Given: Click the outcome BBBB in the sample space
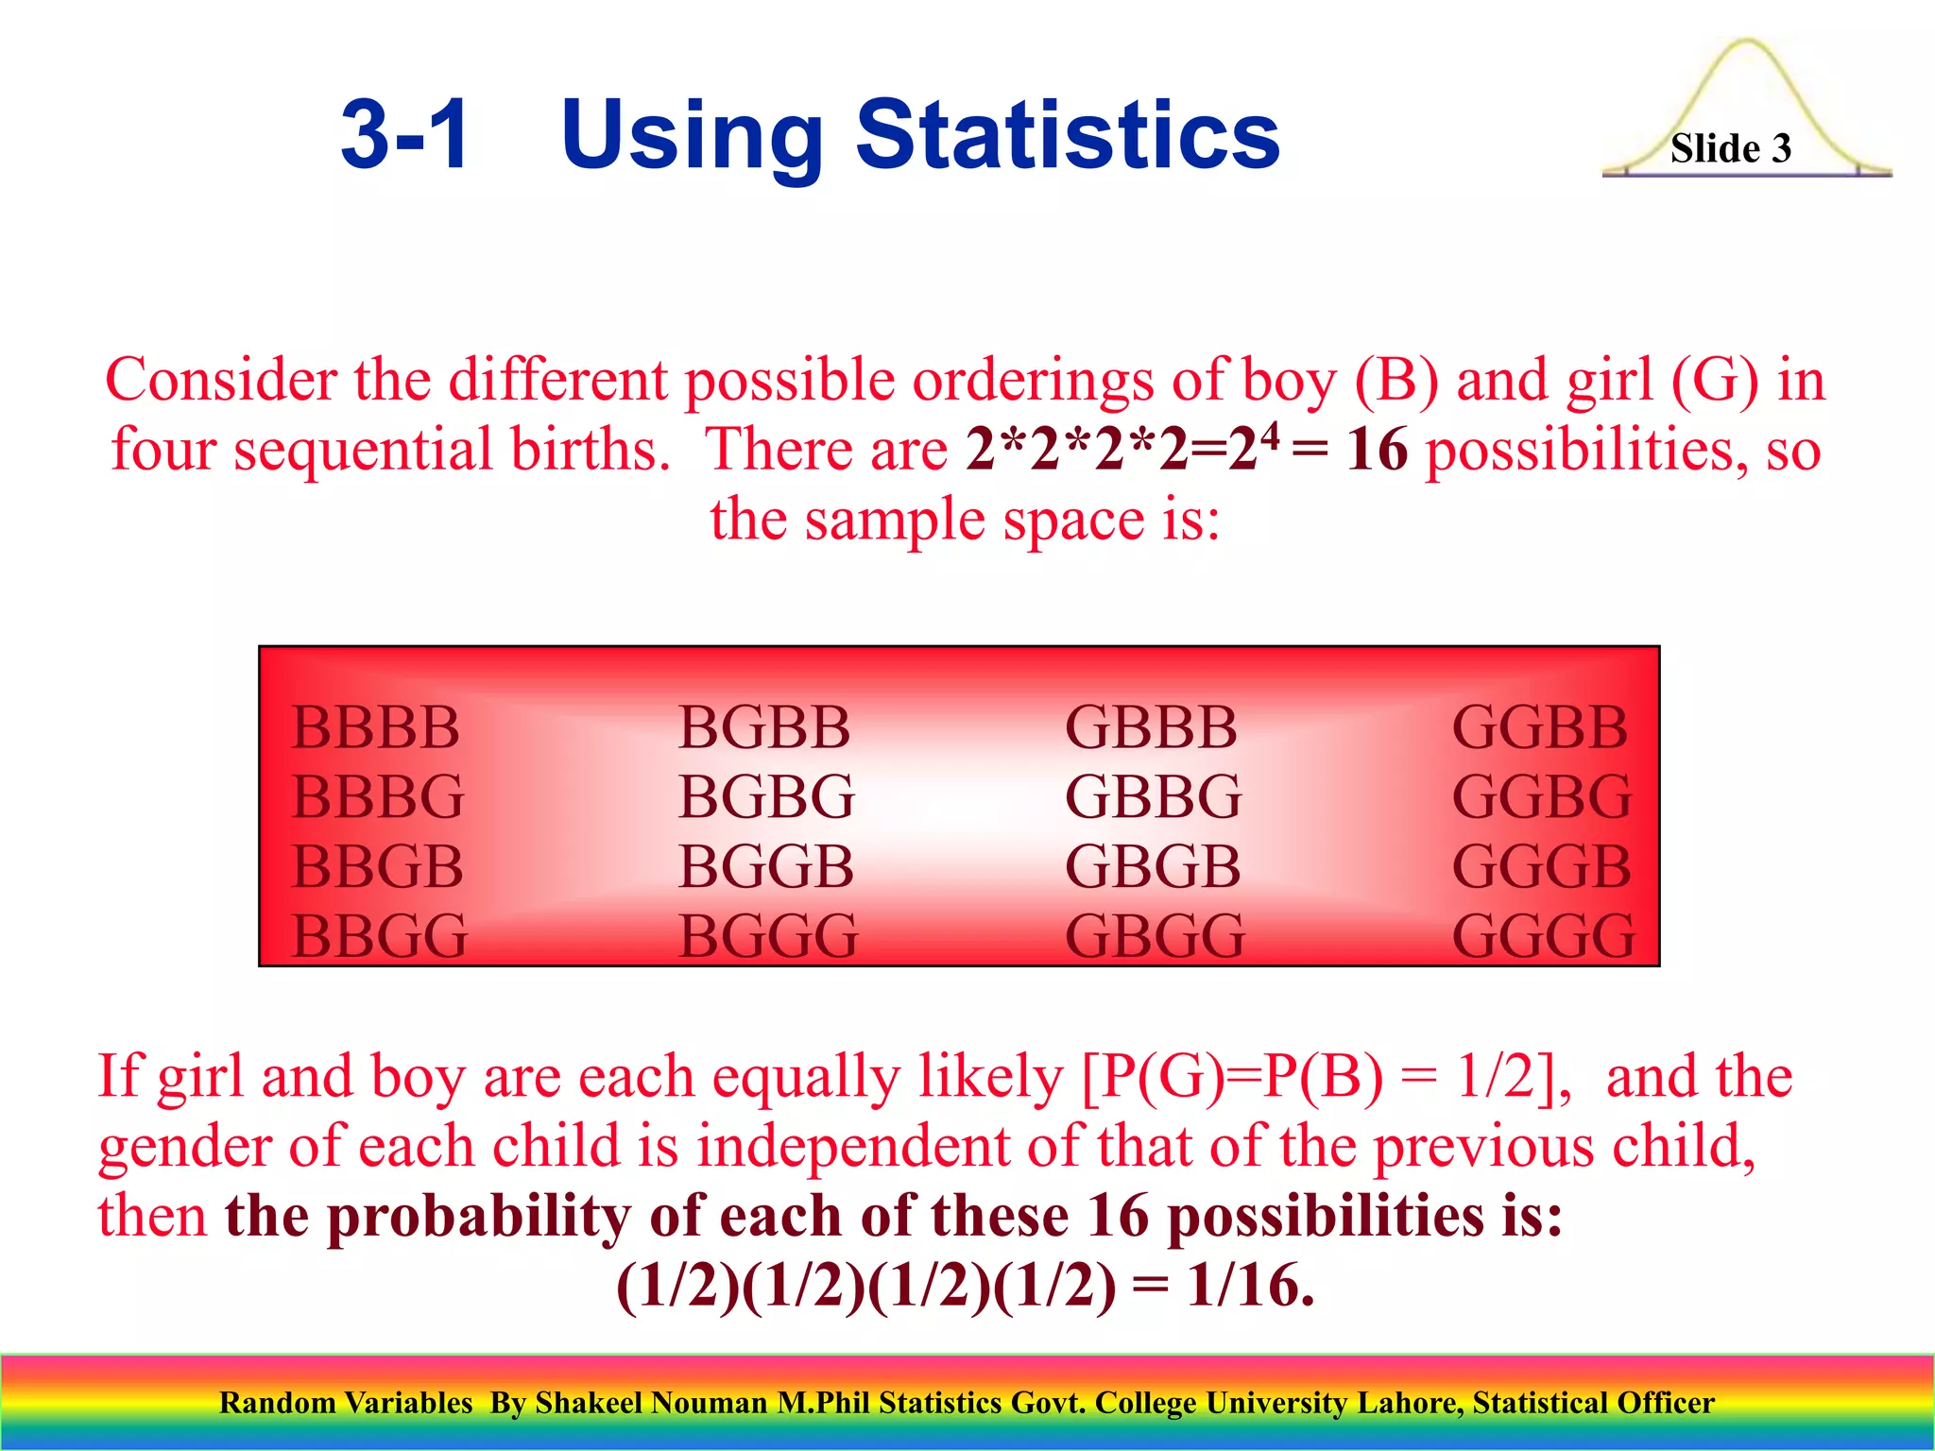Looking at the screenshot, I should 375,727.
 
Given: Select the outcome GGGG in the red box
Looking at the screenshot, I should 1543,936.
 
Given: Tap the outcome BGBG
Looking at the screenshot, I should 766,796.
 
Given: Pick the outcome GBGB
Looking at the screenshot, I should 1153,866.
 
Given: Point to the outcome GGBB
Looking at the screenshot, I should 1540,727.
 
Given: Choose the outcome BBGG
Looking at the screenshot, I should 379,936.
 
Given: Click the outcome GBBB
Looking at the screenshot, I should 1151,727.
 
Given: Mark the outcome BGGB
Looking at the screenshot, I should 766,866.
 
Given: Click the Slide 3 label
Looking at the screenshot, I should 1730,148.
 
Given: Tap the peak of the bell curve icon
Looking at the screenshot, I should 1746,43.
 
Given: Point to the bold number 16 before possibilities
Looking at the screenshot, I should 1377,449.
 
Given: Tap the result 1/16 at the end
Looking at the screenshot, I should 1249,1286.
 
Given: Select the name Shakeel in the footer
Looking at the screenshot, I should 591,1403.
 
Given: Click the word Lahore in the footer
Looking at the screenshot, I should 1410,1403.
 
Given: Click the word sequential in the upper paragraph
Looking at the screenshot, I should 363,449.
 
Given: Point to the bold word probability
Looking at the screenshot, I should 479,1216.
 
